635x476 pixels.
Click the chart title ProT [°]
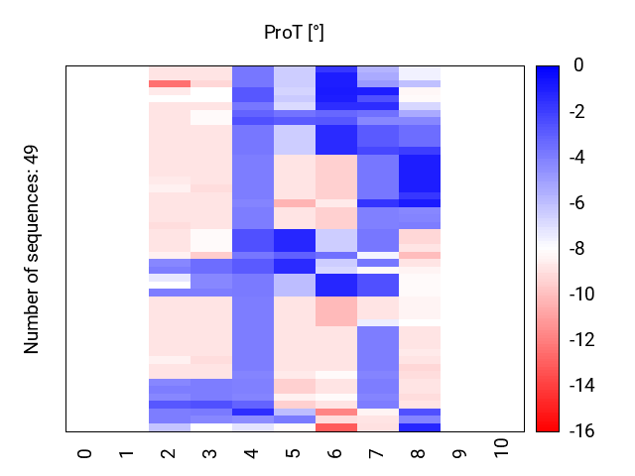tap(294, 33)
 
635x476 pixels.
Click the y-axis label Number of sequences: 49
tap(32, 249)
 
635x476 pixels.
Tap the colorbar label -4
tap(580, 158)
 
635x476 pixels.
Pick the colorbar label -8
tap(580, 249)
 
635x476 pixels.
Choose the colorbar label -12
tap(583, 340)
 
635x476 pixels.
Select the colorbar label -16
tap(583, 431)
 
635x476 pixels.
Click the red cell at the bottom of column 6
tap(335, 427)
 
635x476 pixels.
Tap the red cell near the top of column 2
tap(169, 84)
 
